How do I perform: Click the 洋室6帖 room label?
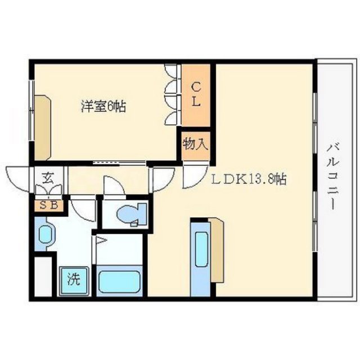point(103,106)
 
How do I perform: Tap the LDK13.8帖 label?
point(249,180)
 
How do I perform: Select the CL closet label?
point(195,95)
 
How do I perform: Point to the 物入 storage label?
point(195,144)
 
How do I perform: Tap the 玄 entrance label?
point(48,181)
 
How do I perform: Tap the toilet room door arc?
point(112,186)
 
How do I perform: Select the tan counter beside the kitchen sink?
point(217,250)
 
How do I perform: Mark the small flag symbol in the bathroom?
point(100,242)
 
